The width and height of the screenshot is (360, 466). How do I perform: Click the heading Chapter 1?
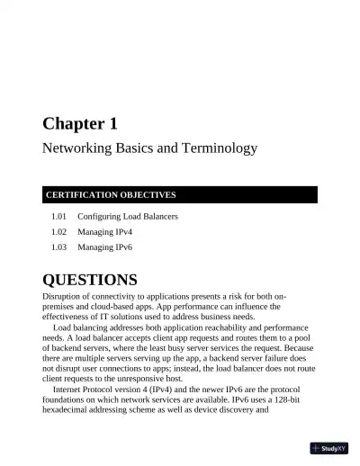80,123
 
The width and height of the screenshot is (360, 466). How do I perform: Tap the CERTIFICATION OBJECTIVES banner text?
112,194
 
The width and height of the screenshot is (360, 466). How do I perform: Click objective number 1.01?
59,217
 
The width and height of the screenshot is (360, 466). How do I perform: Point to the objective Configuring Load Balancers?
128,217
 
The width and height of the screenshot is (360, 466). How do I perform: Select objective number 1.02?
59,231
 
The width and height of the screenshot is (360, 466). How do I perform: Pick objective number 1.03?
59,246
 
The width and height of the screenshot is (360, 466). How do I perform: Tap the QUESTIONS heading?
90,279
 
